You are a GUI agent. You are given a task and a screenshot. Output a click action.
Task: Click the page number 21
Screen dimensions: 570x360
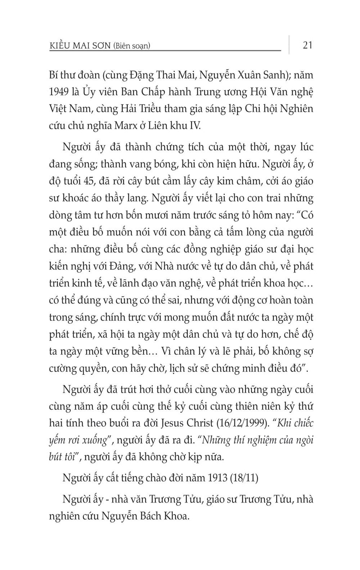307,45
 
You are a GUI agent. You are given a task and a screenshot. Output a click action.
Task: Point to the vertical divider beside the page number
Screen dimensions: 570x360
289,45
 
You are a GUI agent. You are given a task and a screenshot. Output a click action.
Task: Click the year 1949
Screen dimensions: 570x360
59,92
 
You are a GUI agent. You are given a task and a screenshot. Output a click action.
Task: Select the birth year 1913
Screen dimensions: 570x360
217,478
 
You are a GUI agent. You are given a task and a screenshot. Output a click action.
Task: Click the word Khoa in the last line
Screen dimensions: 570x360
176,516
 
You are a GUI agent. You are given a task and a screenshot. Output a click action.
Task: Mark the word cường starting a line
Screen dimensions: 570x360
63,368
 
